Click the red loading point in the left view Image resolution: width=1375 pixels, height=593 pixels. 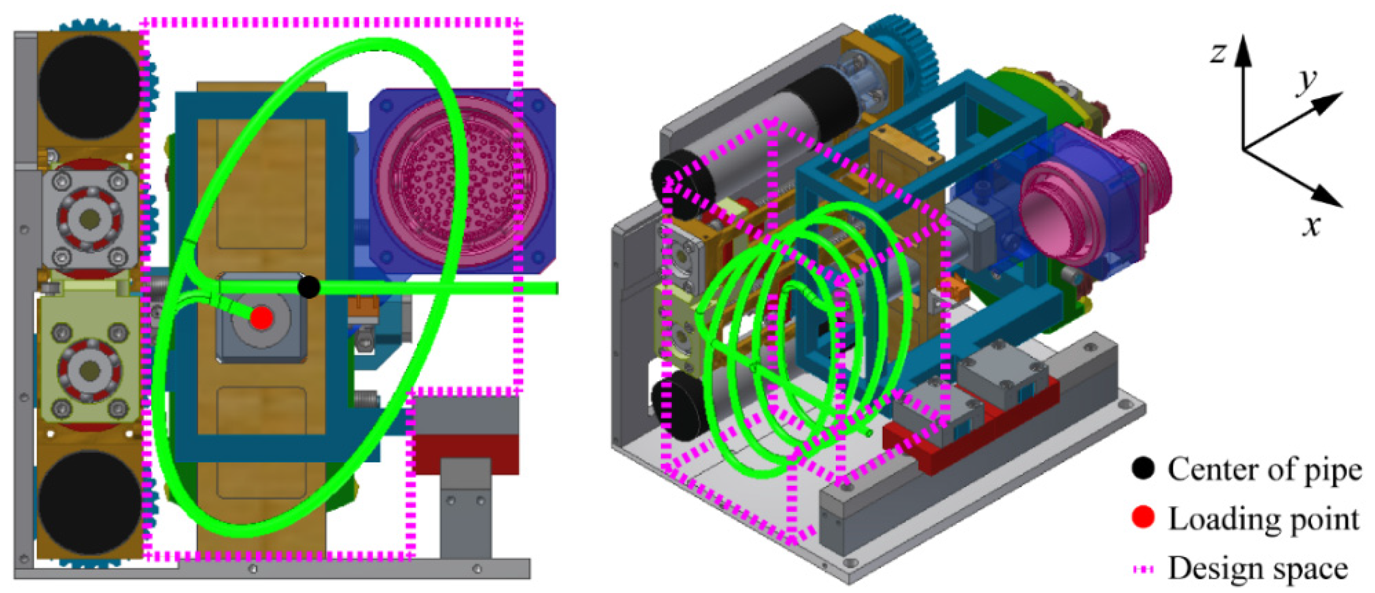262,318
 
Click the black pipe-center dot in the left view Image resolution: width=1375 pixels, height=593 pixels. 309,286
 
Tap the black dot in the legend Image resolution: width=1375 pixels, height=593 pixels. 1143,469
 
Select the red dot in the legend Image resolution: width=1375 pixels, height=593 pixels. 1143,517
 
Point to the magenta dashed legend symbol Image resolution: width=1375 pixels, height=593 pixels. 1143,569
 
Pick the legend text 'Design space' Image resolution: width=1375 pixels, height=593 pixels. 1257,568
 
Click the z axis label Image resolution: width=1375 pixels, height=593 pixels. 1219,53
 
